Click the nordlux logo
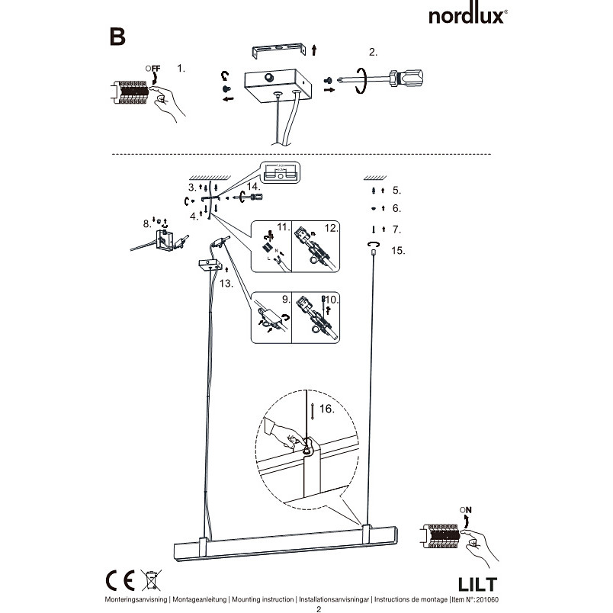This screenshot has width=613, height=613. coord(467,16)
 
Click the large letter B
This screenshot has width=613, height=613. coord(117,37)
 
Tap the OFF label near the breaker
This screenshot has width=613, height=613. coord(152,69)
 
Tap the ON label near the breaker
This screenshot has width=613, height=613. coord(466,510)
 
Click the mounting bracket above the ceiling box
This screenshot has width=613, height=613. coord(279,50)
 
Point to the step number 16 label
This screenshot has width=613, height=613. coord(327,409)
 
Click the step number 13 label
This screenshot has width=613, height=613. coord(226,284)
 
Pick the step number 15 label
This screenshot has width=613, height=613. coord(398,251)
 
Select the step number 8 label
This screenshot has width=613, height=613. coord(146,224)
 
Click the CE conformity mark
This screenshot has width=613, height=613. coord(120,580)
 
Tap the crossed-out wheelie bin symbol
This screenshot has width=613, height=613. coord(151,580)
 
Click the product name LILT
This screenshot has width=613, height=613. coord(477,585)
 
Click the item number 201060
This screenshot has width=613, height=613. coord(487,599)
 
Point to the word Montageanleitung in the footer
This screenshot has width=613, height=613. coord(200,599)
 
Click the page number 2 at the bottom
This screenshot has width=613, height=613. coord(319,609)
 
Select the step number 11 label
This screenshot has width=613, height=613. coord(283,227)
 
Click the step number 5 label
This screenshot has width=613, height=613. coord(396,191)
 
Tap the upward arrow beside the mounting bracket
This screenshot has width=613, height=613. coord(314,50)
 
